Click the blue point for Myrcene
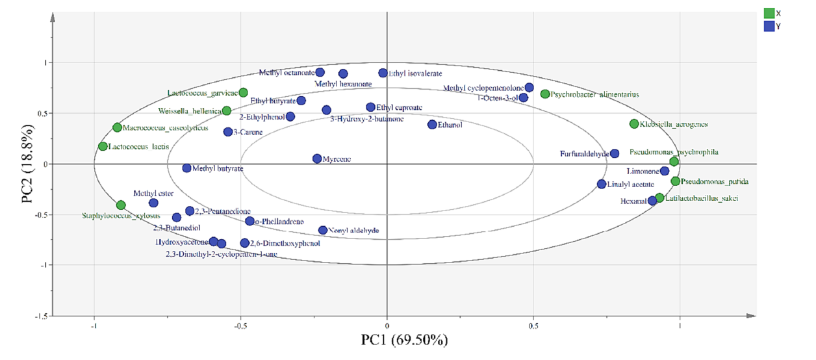click(x=317, y=159)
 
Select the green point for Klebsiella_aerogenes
click(x=634, y=124)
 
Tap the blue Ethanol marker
click(x=432, y=125)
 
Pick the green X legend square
click(x=769, y=13)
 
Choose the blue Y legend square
click(x=769, y=27)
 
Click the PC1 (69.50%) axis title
click(x=404, y=340)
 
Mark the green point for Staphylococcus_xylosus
click(x=121, y=205)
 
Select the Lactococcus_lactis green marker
click(x=103, y=146)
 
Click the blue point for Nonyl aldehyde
click(x=323, y=230)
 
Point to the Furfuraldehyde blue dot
click(x=615, y=154)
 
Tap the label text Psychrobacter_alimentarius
click(x=594, y=95)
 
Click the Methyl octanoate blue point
click(x=320, y=72)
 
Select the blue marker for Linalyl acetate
click(x=602, y=185)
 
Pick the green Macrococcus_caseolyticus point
click(x=117, y=127)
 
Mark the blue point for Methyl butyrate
click(x=186, y=168)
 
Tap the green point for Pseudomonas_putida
click(x=676, y=181)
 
